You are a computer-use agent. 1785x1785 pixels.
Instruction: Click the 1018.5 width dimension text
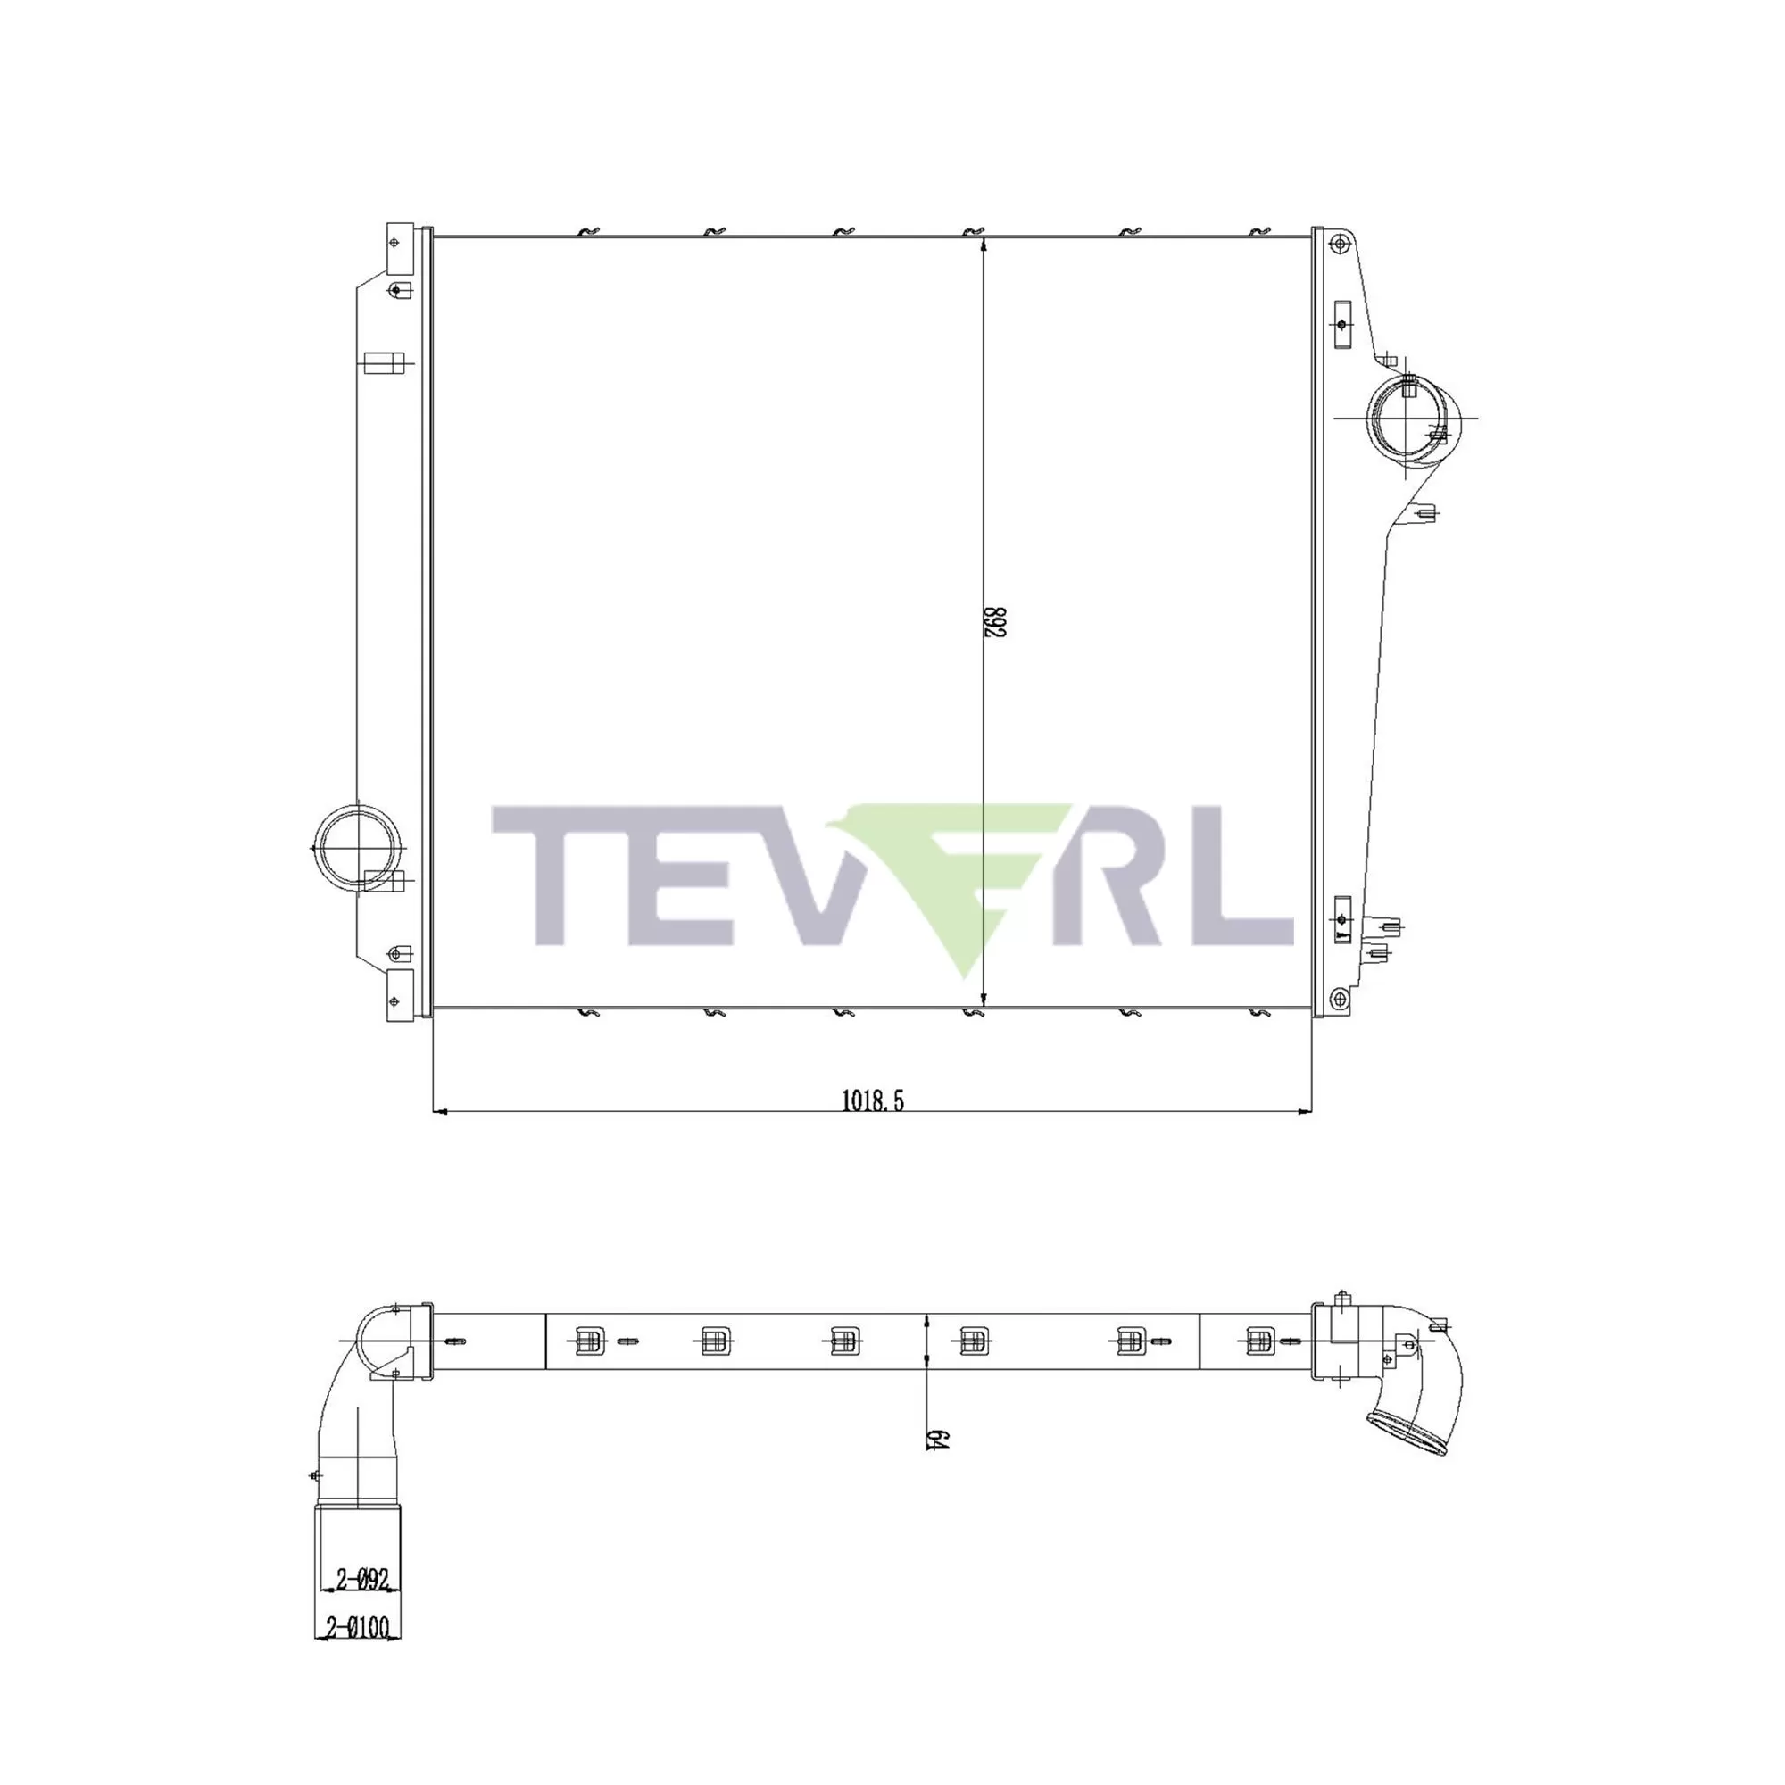click(x=872, y=1100)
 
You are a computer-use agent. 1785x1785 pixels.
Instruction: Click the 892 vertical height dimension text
click(x=994, y=622)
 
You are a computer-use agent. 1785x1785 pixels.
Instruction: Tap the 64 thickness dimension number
click(x=936, y=1439)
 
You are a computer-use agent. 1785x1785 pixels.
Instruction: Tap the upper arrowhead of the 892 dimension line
click(x=984, y=245)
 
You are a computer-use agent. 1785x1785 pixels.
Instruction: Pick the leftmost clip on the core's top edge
click(x=588, y=231)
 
